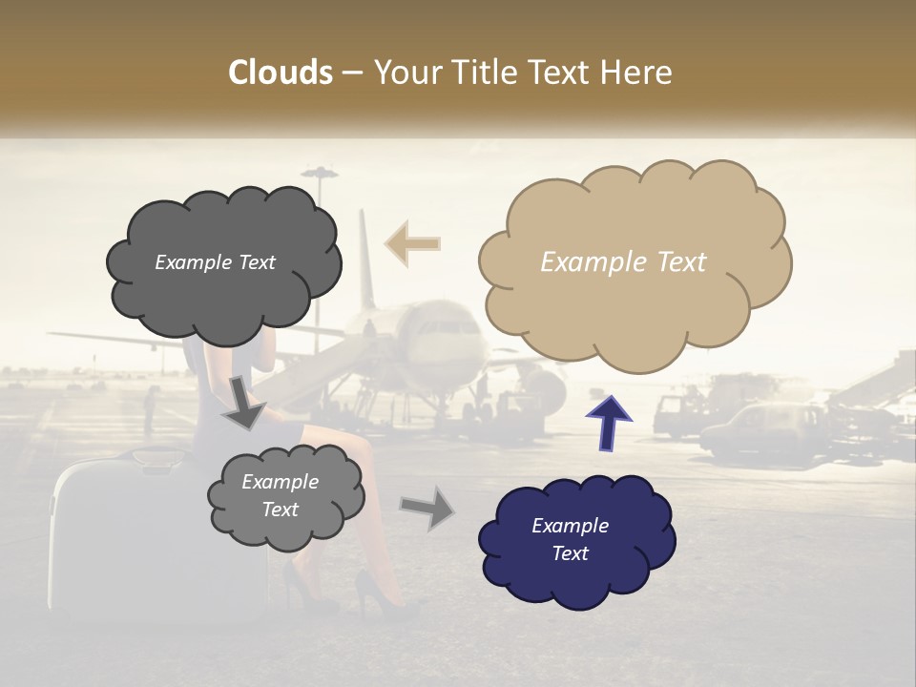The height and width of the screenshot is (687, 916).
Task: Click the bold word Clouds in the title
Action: click(281, 73)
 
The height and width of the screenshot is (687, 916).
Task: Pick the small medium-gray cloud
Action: click(284, 496)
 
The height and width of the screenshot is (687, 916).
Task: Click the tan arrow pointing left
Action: click(411, 243)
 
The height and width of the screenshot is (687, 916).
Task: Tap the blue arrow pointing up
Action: click(608, 420)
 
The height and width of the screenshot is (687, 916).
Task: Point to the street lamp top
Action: click(319, 174)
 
